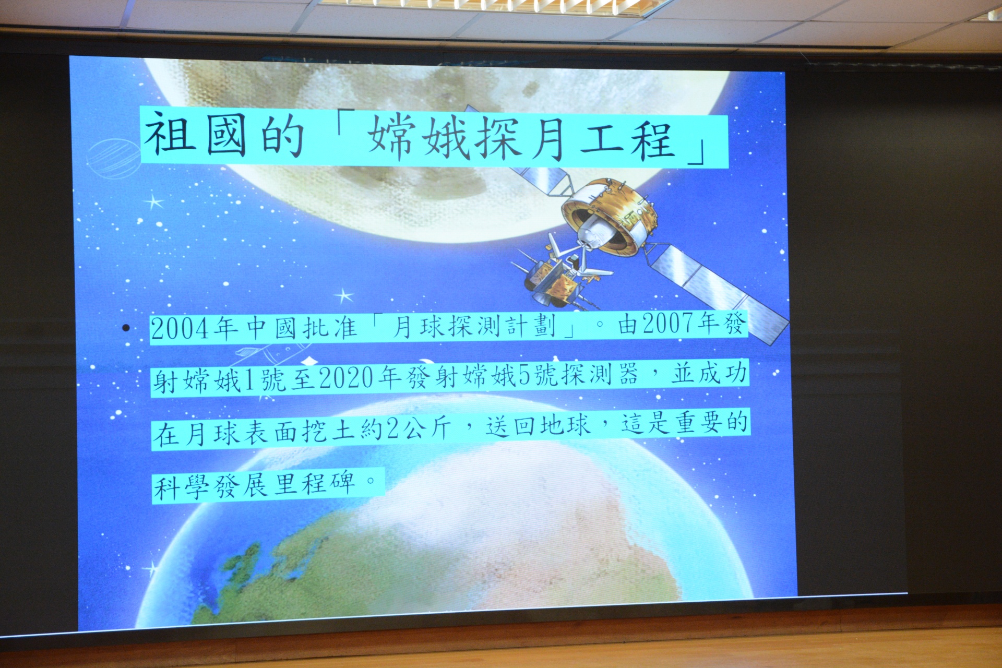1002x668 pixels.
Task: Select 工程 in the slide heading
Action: click(x=626, y=138)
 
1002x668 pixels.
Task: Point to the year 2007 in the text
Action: click(x=670, y=324)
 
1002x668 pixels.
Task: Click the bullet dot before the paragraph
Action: click(x=126, y=328)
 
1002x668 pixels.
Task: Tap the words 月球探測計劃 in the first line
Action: click(x=474, y=327)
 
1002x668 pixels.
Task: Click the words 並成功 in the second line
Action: click(x=709, y=373)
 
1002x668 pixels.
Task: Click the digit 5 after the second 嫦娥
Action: click(x=524, y=376)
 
